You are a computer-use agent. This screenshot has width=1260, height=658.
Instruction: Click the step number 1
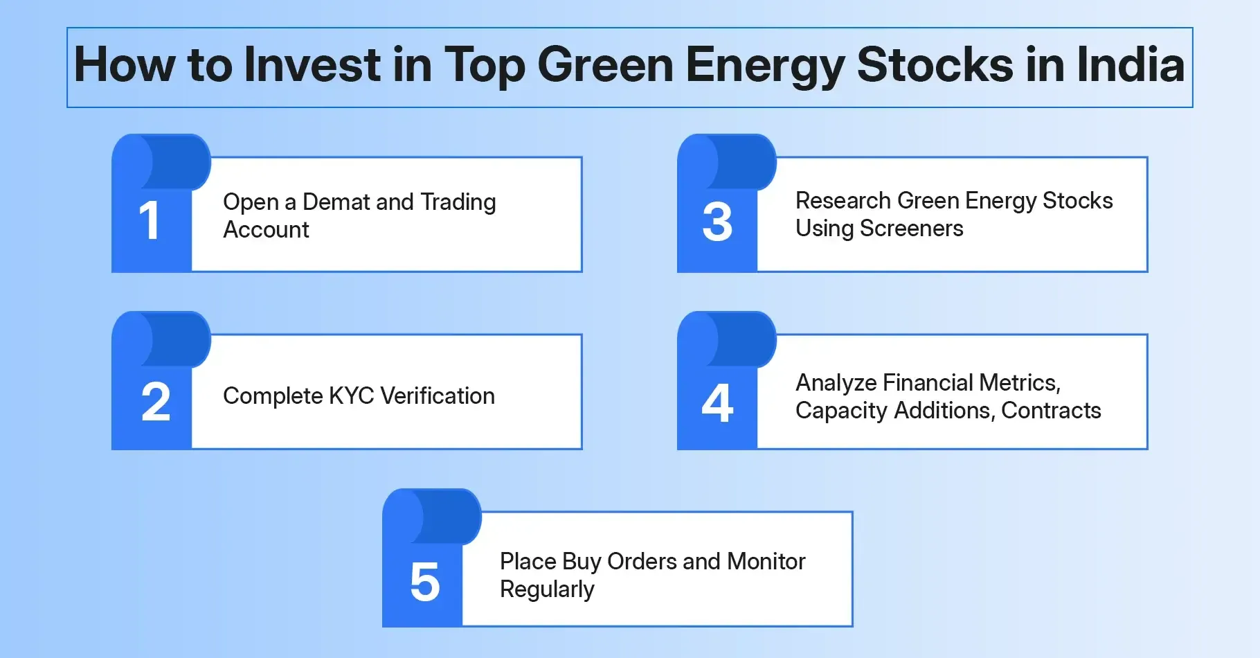coord(150,222)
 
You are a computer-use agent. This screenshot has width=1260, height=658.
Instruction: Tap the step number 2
coord(156,402)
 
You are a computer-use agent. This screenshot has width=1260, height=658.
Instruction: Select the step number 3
coord(717,222)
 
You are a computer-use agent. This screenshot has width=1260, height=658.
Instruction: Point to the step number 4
coord(717,402)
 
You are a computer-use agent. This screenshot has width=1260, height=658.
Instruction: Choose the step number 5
coord(425,582)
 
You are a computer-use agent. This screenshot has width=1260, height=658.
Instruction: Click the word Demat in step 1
coord(336,202)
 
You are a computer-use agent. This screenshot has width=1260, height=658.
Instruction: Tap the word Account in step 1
coord(266,230)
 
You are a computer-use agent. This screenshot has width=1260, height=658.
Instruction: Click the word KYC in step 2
coord(352,396)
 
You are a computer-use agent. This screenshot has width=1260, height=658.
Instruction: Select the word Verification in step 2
coord(438,396)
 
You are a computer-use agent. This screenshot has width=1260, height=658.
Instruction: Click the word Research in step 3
coord(843,201)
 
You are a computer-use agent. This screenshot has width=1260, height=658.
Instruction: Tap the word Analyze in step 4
coord(836,383)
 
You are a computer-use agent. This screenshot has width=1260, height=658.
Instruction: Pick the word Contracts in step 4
coord(1051,411)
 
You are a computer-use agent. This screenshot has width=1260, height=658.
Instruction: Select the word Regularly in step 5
coord(547,589)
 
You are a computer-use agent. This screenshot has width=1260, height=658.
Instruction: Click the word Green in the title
coord(605,65)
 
